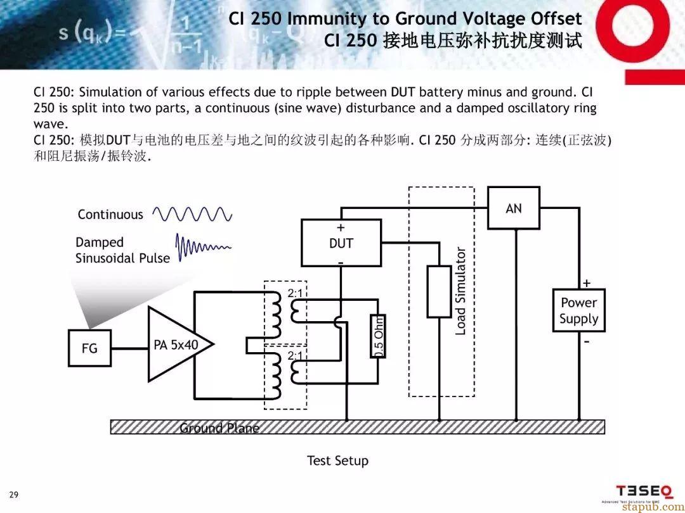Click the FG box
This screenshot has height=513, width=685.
(x=89, y=348)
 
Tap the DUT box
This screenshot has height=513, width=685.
(x=341, y=243)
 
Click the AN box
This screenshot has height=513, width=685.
(x=514, y=208)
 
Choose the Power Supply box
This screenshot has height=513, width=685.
(x=578, y=310)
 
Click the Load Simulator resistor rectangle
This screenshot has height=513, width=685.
(x=439, y=291)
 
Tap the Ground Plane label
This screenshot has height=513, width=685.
(x=219, y=428)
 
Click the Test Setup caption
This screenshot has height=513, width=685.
(x=337, y=460)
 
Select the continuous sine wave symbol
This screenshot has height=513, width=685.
(x=192, y=214)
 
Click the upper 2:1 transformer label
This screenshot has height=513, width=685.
(x=296, y=293)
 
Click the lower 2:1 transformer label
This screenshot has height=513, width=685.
(x=296, y=356)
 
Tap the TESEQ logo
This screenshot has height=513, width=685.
(x=644, y=491)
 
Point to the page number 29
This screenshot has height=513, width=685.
(x=14, y=494)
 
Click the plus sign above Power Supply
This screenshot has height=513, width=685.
(x=587, y=282)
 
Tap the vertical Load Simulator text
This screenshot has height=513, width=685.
(x=461, y=291)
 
